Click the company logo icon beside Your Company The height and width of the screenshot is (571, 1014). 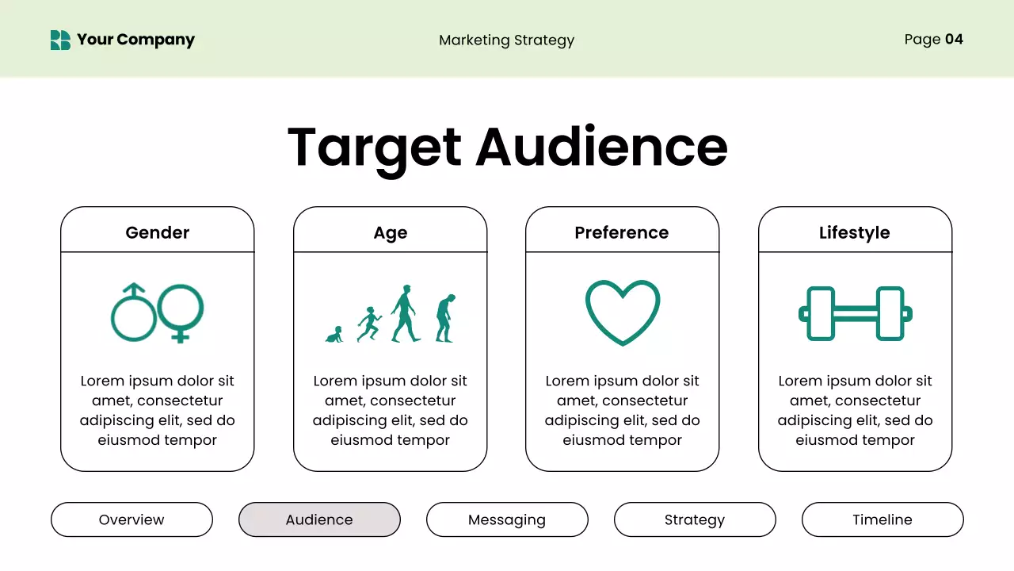click(x=60, y=40)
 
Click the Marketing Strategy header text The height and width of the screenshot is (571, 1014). click(x=506, y=40)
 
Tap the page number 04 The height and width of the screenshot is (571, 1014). click(x=954, y=39)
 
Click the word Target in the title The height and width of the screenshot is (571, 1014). click(x=374, y=148)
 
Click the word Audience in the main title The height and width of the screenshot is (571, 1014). click(x=601, y=148)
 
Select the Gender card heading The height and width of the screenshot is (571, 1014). click(x=158, y=232)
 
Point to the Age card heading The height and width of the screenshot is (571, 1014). click(x=391, y=232)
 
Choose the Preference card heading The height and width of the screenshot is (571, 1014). click(x=622, y=232)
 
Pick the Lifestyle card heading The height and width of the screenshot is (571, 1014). click(x=854, y=232)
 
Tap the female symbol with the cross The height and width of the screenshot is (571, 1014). click(x=181, y=312)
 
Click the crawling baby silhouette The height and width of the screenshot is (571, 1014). click(x=334, y=335)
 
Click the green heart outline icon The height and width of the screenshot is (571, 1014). click(x=623, y=312)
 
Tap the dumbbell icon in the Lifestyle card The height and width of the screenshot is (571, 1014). click(x=855, y=313)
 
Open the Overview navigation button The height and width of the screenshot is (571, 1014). click(x=132, y=519)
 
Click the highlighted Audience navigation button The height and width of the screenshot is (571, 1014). click(x=319, y=519)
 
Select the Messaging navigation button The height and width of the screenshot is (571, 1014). click(x=507, y=519)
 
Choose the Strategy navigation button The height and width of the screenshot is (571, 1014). click(x=695, y=519)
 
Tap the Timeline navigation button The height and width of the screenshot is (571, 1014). click(x=882, y=519)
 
